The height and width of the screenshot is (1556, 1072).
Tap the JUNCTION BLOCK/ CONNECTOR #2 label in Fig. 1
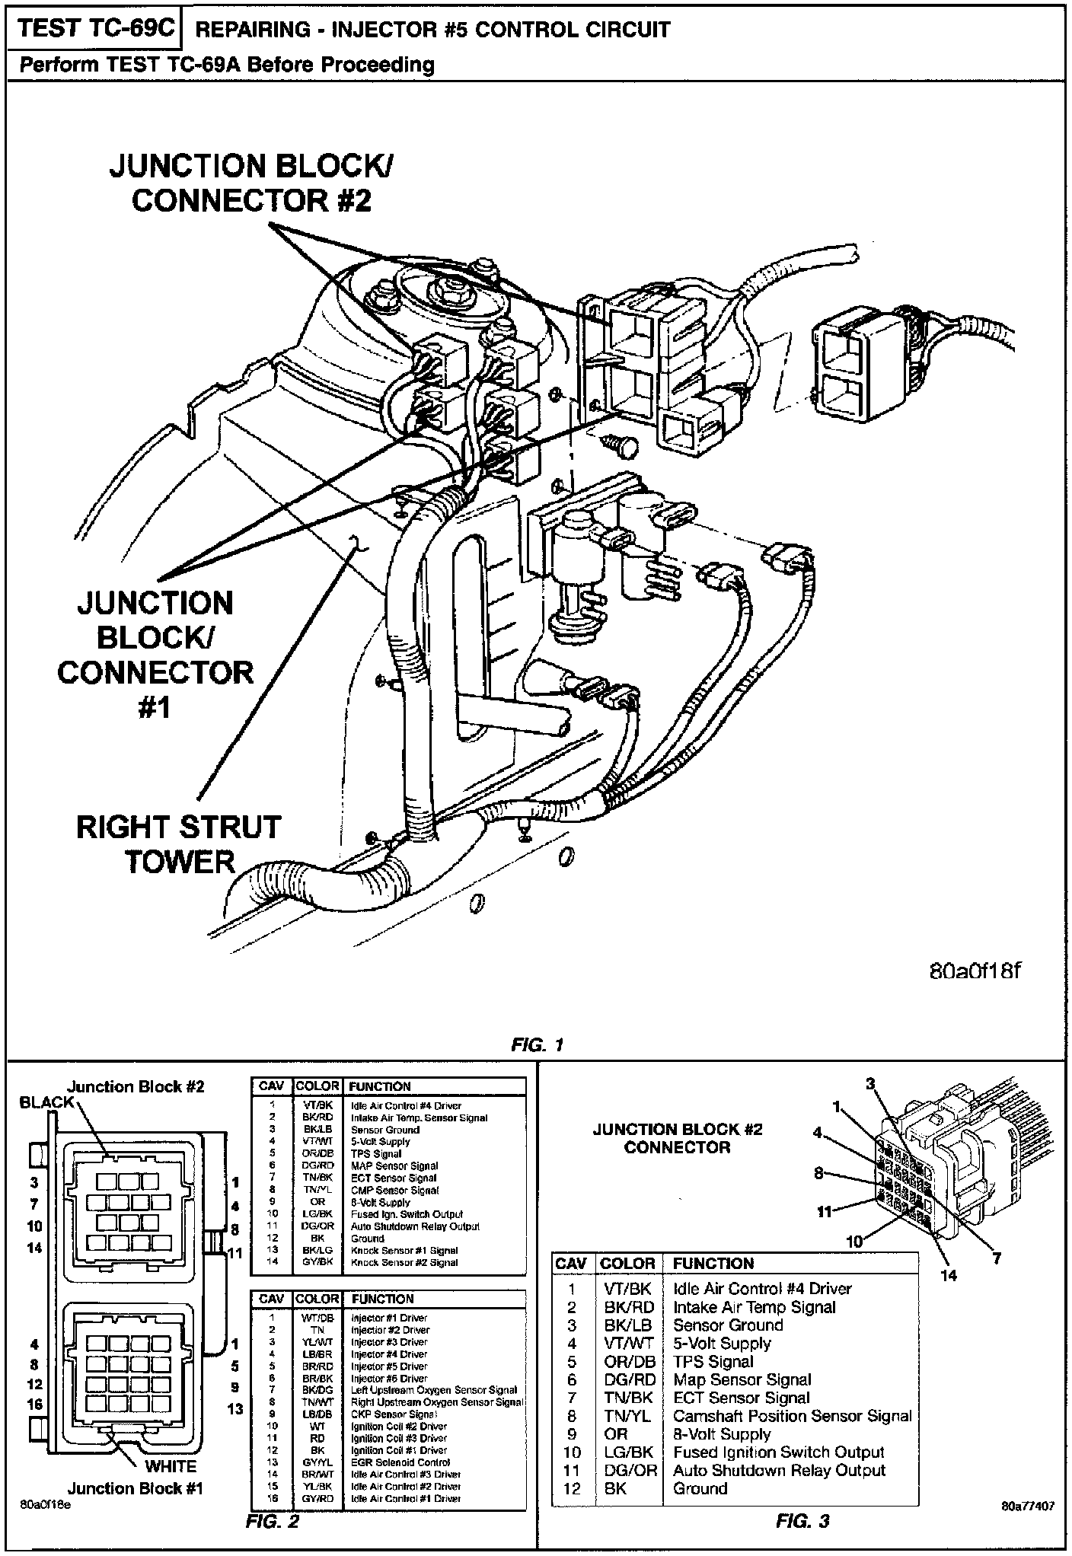pos(252,183)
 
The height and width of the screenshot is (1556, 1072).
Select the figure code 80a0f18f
pos(975,972)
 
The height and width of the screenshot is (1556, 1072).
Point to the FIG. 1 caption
pos(538,1044)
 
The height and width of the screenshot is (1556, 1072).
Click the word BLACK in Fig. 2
pos(46,1102)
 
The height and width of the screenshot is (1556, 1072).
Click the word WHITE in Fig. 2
pos(170,1466)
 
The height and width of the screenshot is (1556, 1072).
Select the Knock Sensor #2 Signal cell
pos(404,1262)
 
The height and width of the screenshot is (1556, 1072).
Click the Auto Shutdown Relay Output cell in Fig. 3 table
pos(779,1470)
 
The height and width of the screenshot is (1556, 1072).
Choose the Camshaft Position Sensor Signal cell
pos(792,1416)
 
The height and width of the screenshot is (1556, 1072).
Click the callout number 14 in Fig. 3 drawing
pos(949,1276)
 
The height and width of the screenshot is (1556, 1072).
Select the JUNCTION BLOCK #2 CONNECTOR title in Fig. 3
pos(677,1138)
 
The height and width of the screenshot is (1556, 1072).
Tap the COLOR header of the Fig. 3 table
pos(627,1264)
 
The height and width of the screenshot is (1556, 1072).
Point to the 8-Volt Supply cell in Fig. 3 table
pos(722,1434)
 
